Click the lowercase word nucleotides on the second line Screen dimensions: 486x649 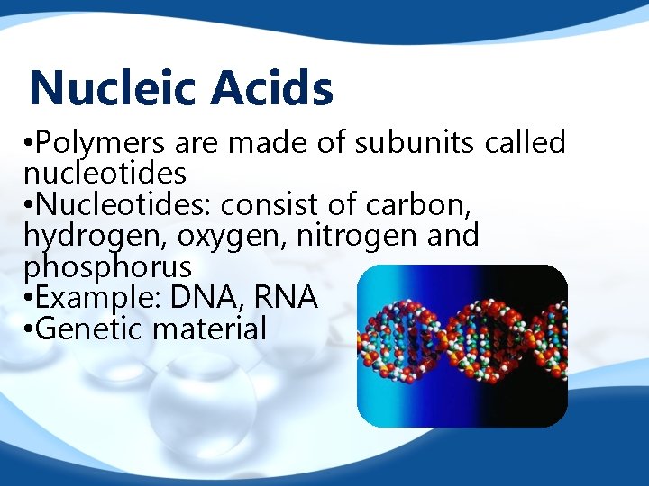pyautogui.click(x=105, y=173)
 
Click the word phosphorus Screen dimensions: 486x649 pyautogui.click(x=107, y=267)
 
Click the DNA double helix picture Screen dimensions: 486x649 pyautogui.click(x=462, y=346)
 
